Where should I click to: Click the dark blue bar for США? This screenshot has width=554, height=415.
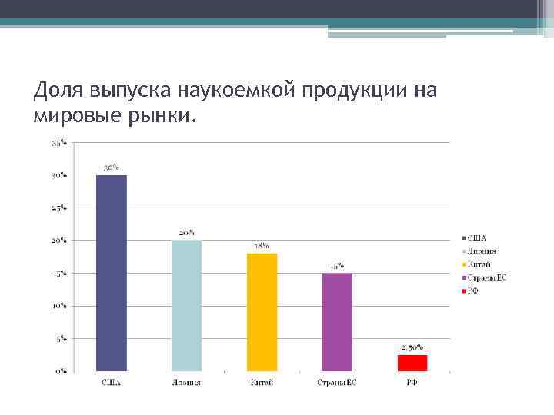pyautogui.click(x=112, y=273)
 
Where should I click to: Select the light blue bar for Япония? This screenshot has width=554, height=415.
pyautogui.click(x=186, y=306)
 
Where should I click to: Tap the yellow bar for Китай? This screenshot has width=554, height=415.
pyautogui.click(x=262, y=312)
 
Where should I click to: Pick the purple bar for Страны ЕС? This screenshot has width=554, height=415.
pyautogui.click(x=337, y=322)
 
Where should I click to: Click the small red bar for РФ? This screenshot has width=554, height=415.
pyautogui.click(x=412, y=363)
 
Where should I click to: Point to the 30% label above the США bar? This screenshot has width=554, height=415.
pyautogui.click(x=112, y=167)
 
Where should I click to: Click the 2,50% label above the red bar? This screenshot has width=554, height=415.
pyautogui.click(x=412, y=347)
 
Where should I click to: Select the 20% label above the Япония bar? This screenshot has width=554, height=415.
pyautogui.click(x=186, y=232)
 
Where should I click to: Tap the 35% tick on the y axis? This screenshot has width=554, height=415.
pyautogui.click(x=59, y=143)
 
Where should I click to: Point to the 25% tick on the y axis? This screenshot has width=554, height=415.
pyautogui.click(x=59, y=208)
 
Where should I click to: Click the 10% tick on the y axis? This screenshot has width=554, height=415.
pyautogui.click(x=59, y=306)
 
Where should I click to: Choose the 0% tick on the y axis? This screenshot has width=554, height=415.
pyautogui.click(x=61, y=371)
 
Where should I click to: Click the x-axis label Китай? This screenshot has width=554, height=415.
pyautogui.click(x=262, y=382)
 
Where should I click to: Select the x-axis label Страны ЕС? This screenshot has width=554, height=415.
pyautogui.click(x=337, y=382)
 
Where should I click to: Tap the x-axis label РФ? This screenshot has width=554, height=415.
pyautogui.click(x=412, y=382)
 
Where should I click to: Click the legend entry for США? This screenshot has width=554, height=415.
pyautogui.click(x=477, y=238)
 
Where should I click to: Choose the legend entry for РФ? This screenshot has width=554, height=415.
pyautogui.click(x=474, y=290)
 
